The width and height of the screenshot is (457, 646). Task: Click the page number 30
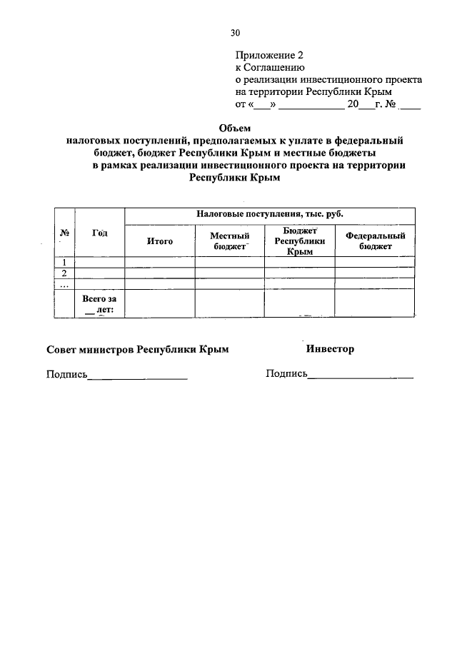coord(236,32)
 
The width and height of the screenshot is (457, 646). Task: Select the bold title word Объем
coord(233,128)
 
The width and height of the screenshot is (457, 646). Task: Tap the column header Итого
coord(160,241)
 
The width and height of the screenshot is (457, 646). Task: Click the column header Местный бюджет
coord(229,241)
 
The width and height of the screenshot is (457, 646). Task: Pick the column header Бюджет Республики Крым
coord(300,241)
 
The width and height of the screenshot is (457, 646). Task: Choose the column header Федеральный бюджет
coord(375,241)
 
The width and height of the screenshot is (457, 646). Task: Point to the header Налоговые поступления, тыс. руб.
coord(269,214)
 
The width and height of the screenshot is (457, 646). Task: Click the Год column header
coord(100,233)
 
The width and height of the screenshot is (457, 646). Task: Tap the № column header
coord(64,233)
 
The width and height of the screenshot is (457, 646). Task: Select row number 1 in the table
coord(64,262)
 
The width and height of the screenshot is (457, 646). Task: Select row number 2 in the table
coord(64,273)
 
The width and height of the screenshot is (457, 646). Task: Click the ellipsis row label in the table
coord(64,283)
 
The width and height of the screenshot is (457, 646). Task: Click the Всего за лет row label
coord(99,303)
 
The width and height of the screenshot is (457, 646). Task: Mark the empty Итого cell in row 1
coord(160,262)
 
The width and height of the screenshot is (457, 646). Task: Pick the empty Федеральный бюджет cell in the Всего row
coord(375,303)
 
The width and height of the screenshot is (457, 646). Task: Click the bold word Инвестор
coord(330,349)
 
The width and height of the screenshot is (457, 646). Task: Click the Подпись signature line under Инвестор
coord(360,375)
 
